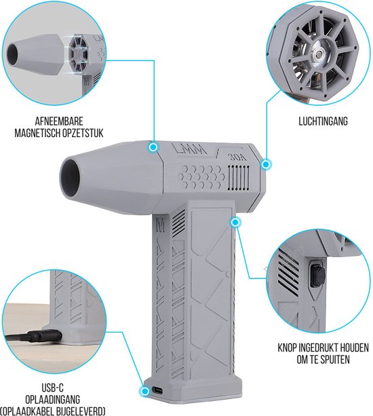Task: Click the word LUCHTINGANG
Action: [323, 121]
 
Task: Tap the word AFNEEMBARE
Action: [59, 121]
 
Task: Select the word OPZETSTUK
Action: [83, 133]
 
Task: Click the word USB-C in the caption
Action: [52, 387]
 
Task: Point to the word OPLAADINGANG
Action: [52, 399]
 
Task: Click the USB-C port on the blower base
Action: [158, 390]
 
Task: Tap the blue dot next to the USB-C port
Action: [144, 391]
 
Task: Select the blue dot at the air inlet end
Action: [266, 164]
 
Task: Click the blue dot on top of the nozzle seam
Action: [153, 147]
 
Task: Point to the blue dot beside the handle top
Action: [235, 223]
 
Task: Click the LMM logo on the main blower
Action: [189, 149]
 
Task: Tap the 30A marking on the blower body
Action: [237, 157]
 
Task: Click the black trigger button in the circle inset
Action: [317, 276]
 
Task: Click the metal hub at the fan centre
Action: [317, 55]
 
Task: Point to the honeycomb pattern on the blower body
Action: [201, 176]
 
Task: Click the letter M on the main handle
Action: [160, 226]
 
